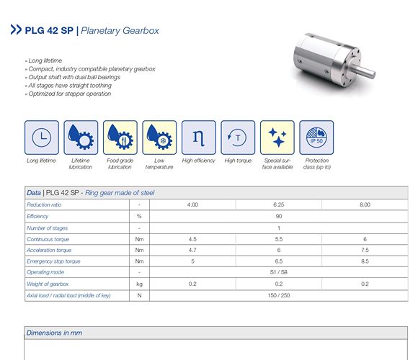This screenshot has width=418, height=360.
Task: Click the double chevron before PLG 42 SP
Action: click(16, 30)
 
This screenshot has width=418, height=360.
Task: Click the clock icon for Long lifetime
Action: click(42, 138)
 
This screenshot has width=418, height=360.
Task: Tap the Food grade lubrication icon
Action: click(120, 138)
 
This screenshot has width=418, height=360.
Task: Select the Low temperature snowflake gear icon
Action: click(159, 138)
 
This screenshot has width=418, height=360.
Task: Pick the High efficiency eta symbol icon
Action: click(199, 138)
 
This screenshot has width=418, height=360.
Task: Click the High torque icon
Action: click(238, 138)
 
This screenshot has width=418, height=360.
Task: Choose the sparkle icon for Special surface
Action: click(277, 138)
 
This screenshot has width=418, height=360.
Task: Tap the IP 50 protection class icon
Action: click(316, 138)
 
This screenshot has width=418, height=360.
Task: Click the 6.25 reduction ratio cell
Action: click(279, 204)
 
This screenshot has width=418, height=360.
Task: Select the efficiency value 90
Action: click(279, 216)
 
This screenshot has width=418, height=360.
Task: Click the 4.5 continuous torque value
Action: click(192, 239)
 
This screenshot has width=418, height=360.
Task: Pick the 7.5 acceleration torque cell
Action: click(365, 250)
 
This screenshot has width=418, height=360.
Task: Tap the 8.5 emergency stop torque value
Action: click(365, 261)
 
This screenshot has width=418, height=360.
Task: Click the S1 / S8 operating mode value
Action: click(279, 272)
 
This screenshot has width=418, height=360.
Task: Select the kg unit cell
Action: click(139, 284)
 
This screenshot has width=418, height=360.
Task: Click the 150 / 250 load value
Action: click(279, 295)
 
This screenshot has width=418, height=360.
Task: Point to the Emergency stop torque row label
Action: click(53, 261)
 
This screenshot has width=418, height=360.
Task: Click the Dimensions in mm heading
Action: click(54, 333)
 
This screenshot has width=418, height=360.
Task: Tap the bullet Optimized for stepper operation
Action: click(68, 94)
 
